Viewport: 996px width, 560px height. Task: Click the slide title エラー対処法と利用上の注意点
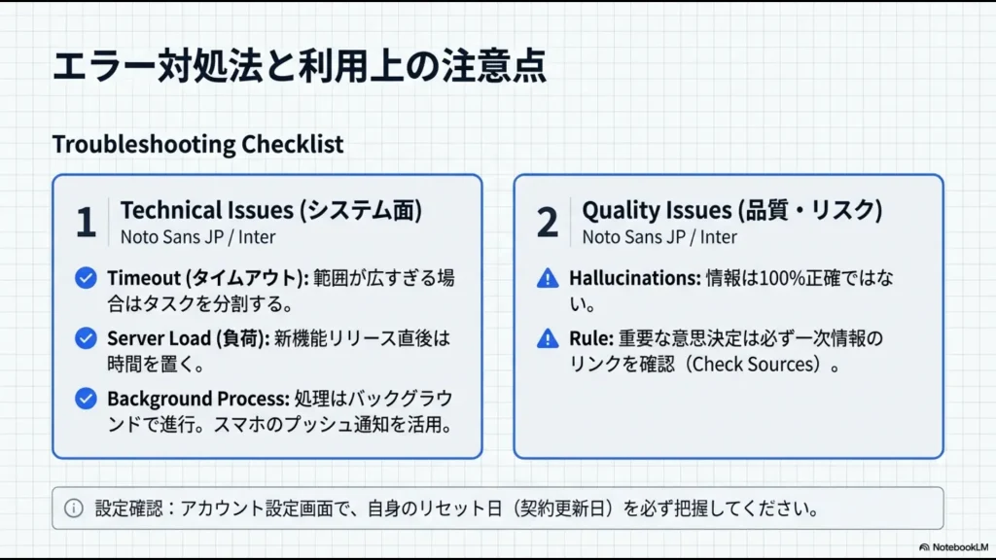pyautogui.click(x=300, y=66)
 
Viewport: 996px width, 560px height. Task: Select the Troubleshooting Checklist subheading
pyautogui.click(x=197, y=144)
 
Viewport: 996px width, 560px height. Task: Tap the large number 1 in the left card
pyautogui.click(x=86, y=223)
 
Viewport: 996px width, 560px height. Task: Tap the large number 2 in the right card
pyautogui.click(x=547, y=223)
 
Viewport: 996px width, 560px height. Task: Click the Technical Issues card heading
pyautogui.click(x=271, y=210)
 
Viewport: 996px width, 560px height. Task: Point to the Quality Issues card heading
pyautogui.click(x=732, y=210)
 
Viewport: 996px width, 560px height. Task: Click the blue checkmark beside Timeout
pyautogui.click(x=86, y=278)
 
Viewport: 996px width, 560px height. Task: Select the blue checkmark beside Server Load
pyautogui.click(x=86, y=338)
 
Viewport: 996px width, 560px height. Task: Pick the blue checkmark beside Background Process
pyautogui.click(x=86, y=399)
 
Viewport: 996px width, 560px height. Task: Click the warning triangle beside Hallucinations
pyautogui.click(x=548, y=279)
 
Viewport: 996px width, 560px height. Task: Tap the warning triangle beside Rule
pyautogui.click(x=548, y=339)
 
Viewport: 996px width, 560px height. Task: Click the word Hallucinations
pyautogui.click(x=634, y=278)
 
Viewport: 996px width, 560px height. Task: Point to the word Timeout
pyautogui.click(x=144, y=278)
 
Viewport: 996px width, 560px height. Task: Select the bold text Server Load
pyautogui.click(x=159, y=338)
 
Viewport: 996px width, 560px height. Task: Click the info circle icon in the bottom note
pyautogui.click(x=74, y=507)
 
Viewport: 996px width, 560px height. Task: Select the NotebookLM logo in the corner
pyautogui.click(x=954, y=547)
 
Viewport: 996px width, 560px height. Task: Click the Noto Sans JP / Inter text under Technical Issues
pyautogui.click(x=197, y=237)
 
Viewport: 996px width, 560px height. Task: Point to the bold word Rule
pyautogui.click(x=590, y=338)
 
